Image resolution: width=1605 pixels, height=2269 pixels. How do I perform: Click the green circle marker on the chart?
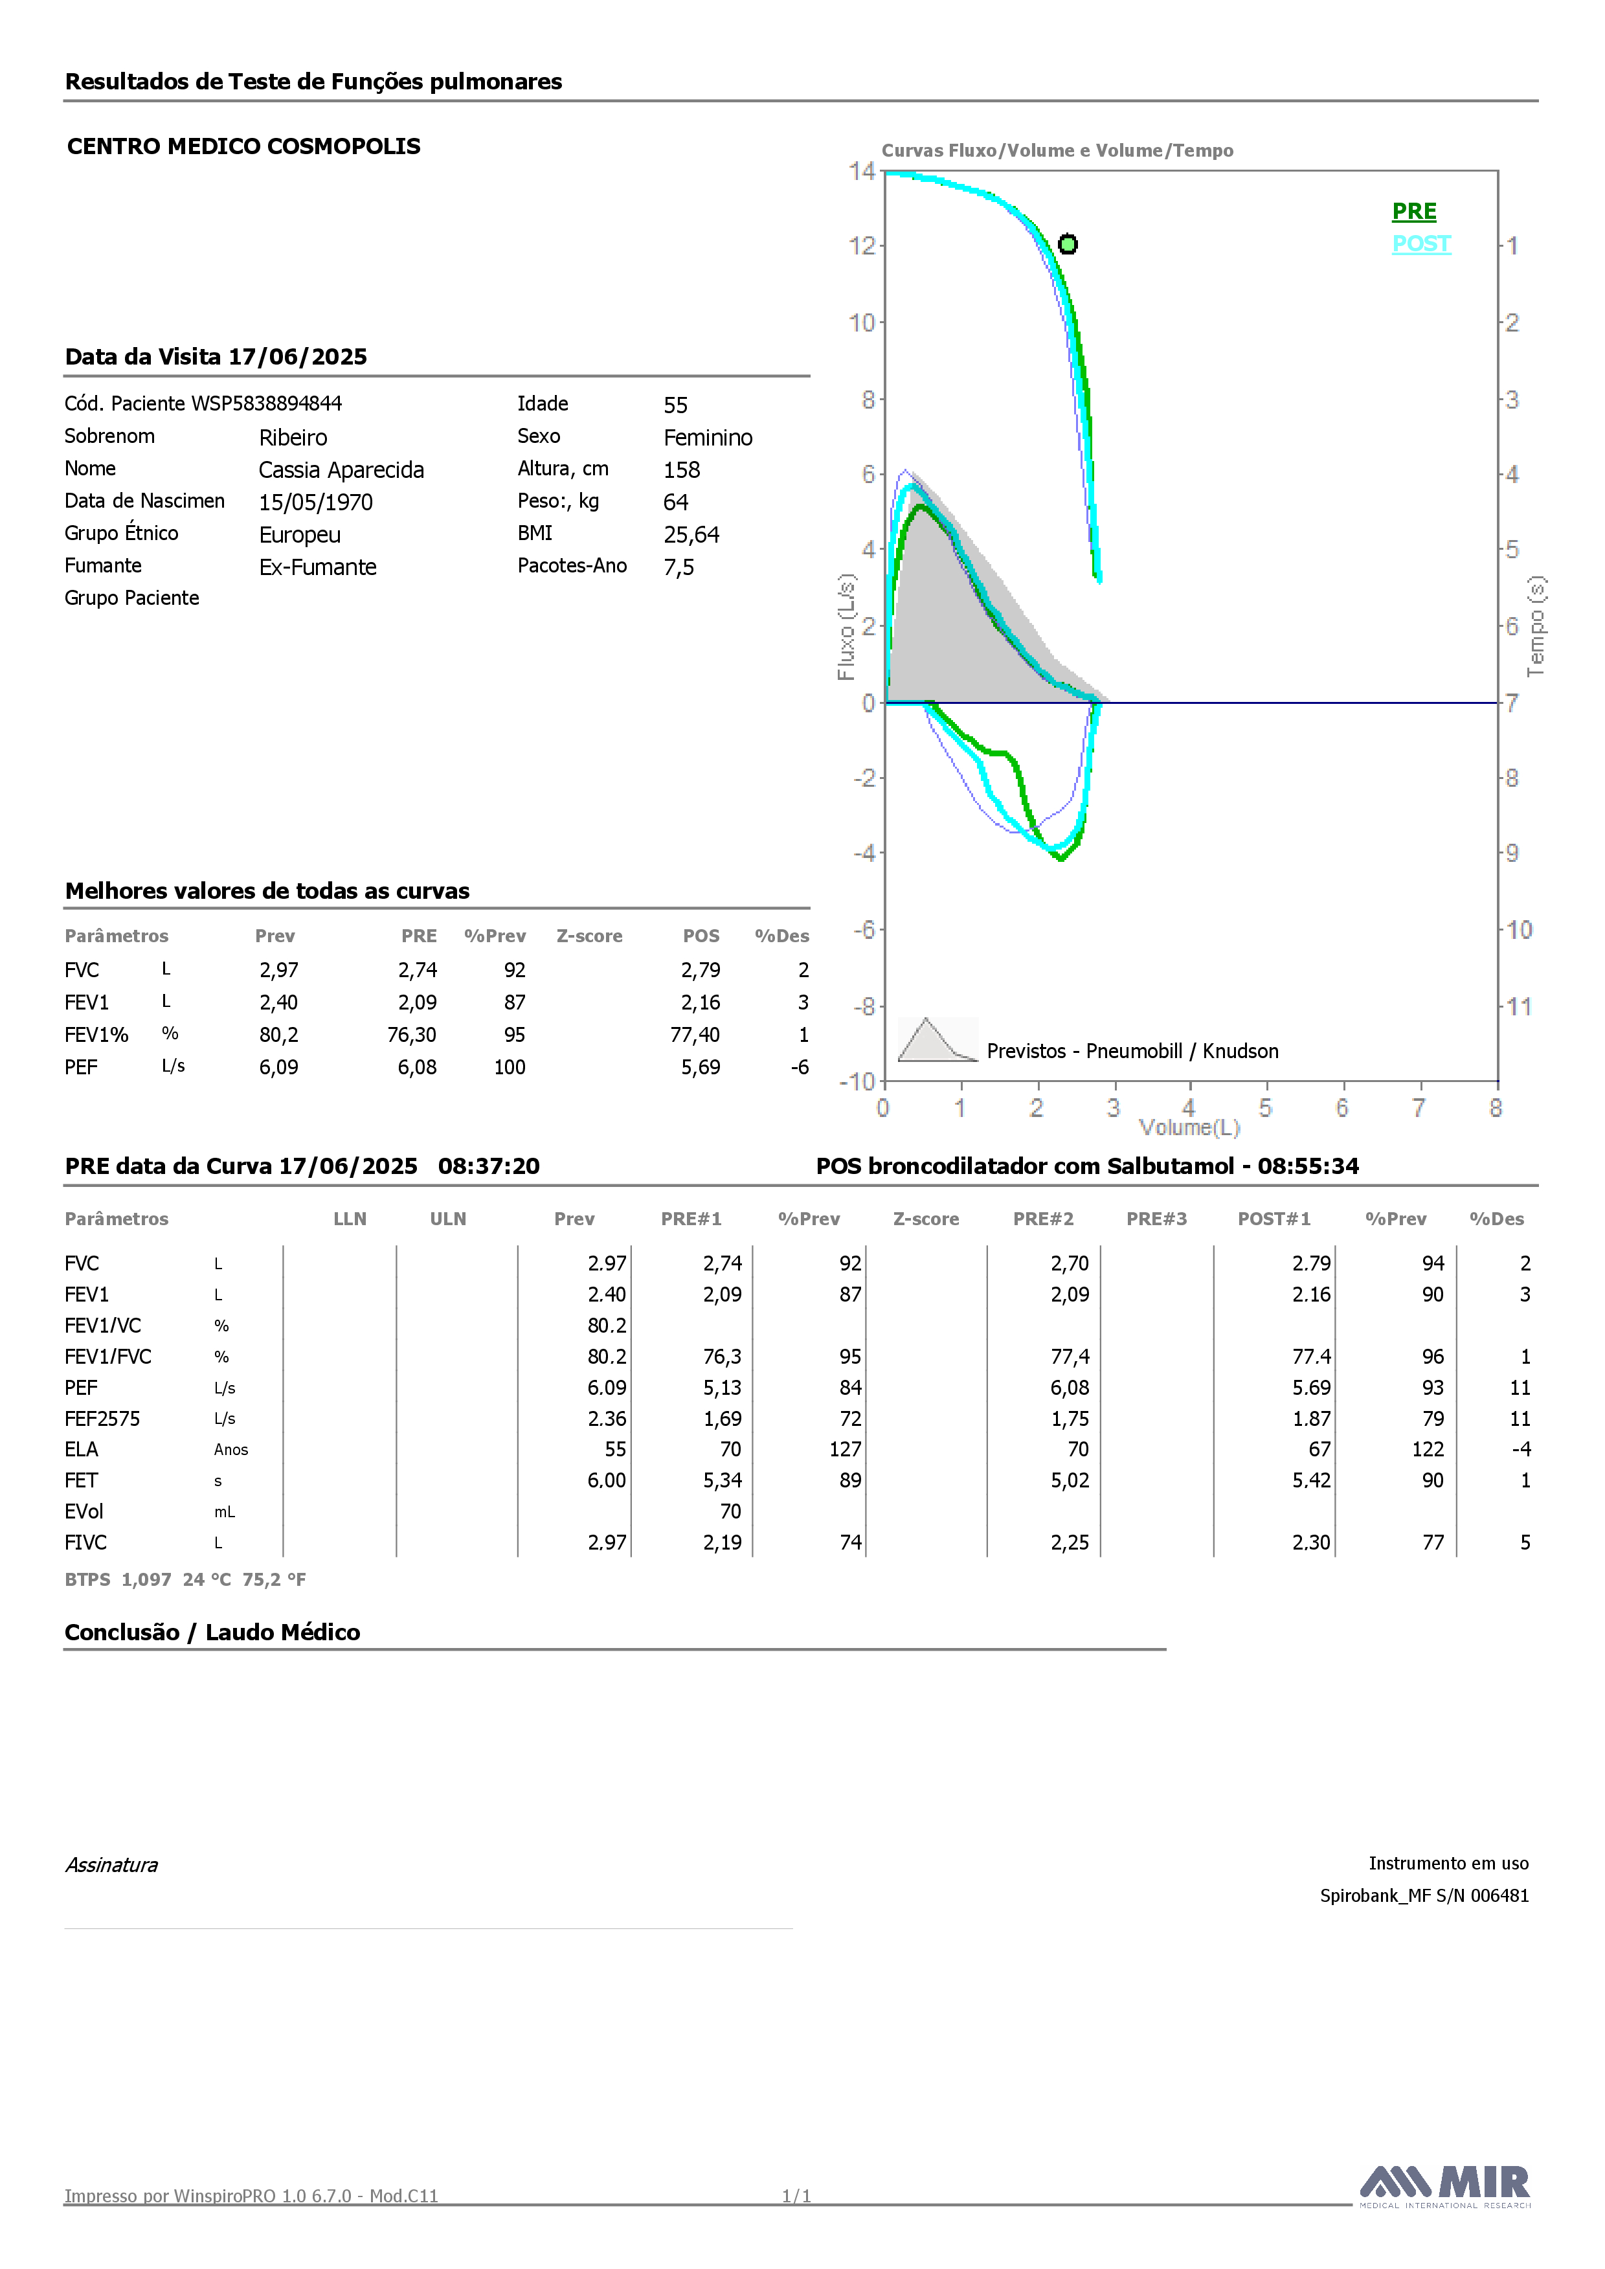1068,244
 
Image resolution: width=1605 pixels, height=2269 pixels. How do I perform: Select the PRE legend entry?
1414,212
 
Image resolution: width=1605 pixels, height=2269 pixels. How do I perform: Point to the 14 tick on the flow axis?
862,171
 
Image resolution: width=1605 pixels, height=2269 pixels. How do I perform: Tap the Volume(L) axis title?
1189,1127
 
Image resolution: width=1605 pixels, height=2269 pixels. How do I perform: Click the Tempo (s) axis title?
1536,627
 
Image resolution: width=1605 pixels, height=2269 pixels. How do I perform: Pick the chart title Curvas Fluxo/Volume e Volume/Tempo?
1057,150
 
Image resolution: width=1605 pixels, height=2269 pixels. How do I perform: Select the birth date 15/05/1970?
316,502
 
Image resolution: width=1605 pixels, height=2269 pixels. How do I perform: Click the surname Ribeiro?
293,438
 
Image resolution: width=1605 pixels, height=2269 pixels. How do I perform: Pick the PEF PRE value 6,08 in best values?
417,1067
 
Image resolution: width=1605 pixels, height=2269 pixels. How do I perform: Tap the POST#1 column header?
1274,1219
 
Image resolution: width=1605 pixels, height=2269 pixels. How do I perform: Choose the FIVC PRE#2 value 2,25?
1070,1542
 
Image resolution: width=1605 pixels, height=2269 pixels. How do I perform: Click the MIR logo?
1445,2186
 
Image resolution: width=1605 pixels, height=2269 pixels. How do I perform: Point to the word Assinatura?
111,1865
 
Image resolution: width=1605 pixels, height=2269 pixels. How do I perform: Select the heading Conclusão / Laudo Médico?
212,1632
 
